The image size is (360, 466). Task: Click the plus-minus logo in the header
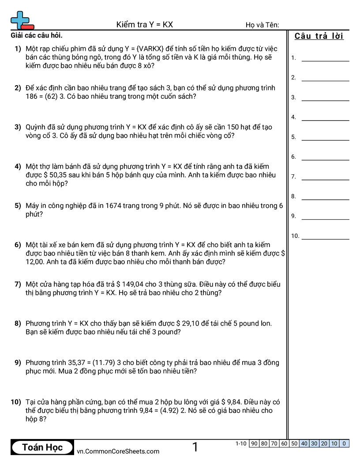[22, 20]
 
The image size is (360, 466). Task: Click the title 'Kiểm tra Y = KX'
[144, 25]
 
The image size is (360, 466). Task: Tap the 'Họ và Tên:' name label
[262, 25]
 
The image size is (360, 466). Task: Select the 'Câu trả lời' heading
[319, 36]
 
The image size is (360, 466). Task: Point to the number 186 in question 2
[32, 97]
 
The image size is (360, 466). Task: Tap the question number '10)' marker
[15, 402]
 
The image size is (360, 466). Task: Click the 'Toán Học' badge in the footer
[42, 447]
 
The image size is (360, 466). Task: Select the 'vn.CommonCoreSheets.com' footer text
[118, 451]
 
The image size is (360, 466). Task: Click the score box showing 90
[254, 443]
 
